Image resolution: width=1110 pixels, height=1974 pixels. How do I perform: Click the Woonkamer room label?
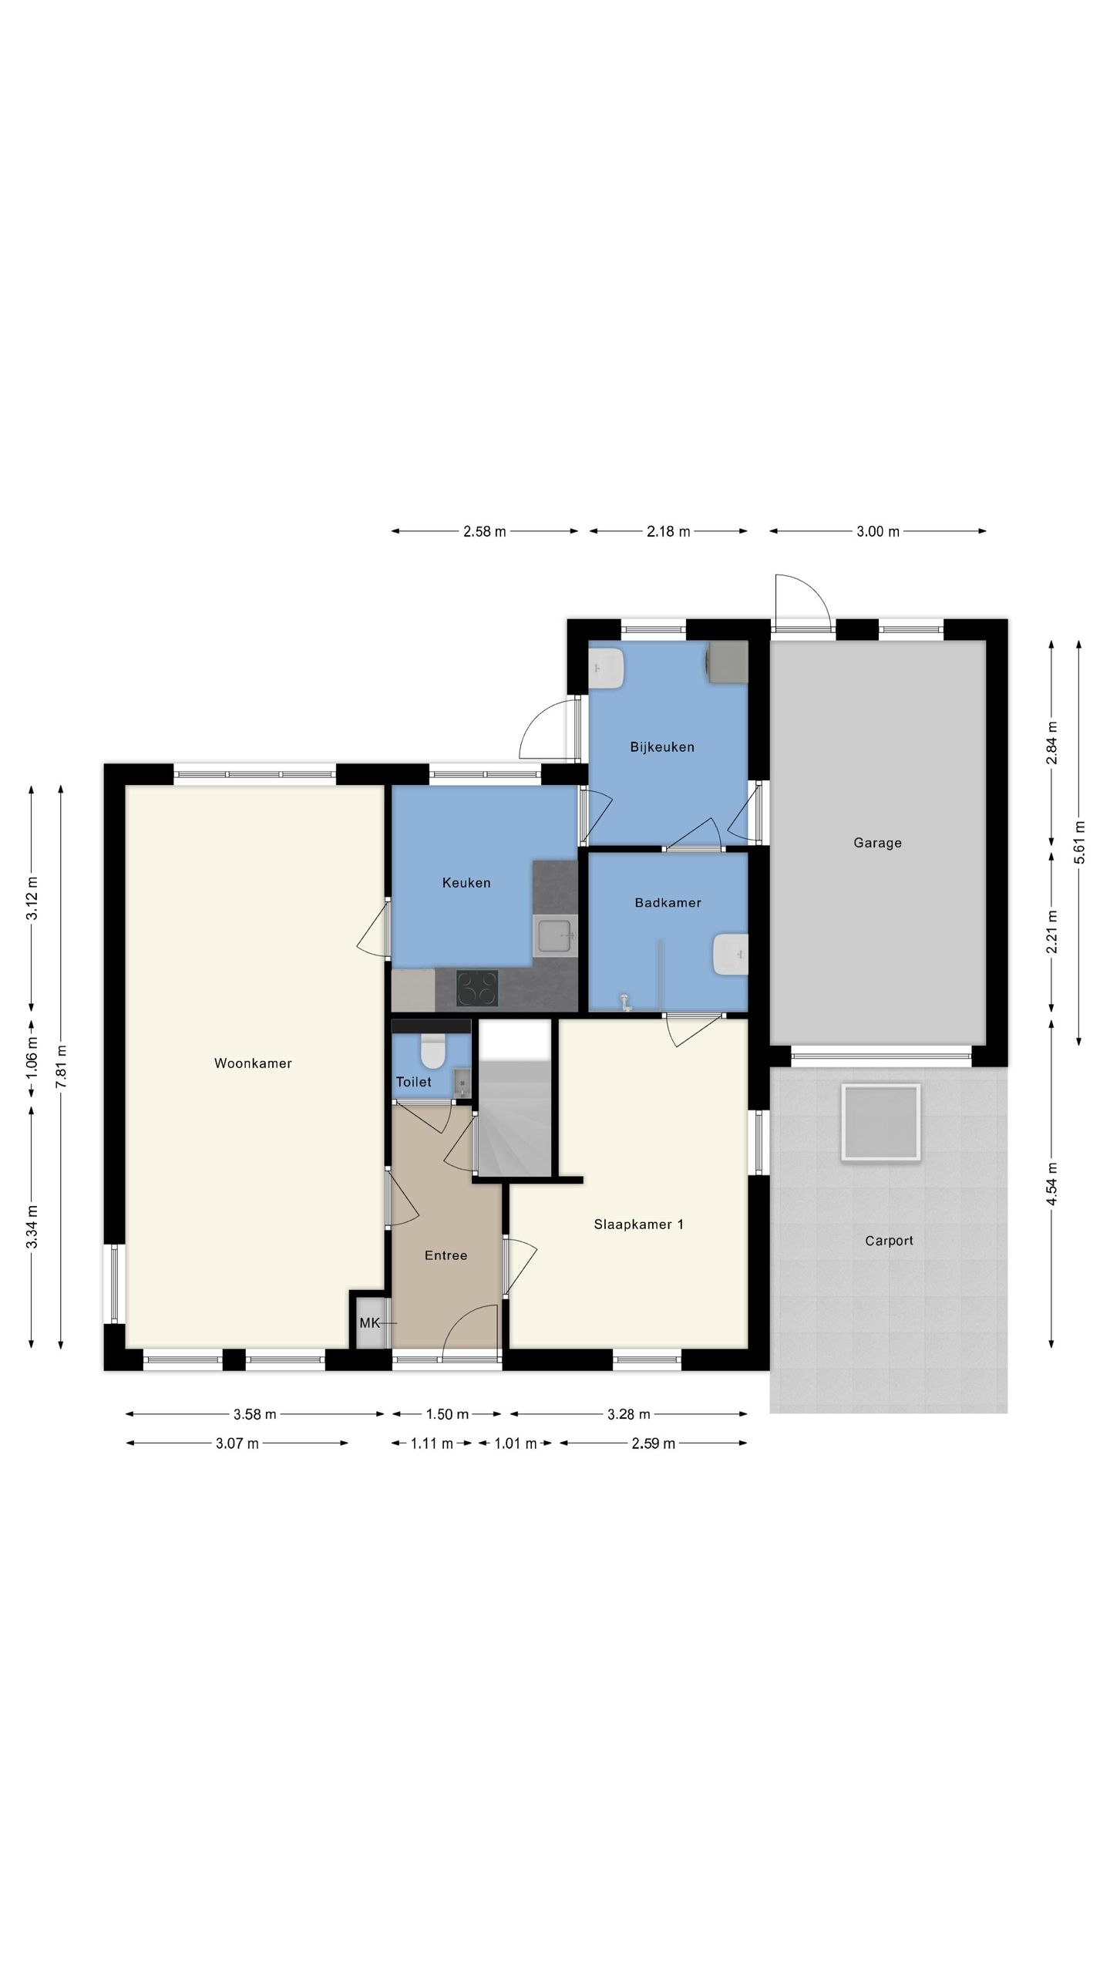253,1063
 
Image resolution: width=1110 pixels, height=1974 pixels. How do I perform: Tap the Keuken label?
466,883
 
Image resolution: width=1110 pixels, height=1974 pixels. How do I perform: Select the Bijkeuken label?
662,747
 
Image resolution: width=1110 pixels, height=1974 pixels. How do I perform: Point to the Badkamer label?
668,902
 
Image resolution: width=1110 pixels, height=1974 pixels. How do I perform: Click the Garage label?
877,843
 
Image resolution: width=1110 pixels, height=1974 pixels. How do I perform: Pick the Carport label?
889,1241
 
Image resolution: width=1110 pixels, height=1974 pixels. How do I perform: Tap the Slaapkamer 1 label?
638,1224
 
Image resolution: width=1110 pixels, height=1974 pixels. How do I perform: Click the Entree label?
446,1255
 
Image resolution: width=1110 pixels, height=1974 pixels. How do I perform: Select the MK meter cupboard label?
369,1323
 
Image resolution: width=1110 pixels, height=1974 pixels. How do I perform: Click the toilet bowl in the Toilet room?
432,1051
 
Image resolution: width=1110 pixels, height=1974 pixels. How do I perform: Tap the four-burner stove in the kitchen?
477,989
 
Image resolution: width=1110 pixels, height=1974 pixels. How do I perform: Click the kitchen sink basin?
556,936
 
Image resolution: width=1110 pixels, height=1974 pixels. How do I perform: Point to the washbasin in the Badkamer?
731,954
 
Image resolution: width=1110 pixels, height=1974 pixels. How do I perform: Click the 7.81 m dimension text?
62,1066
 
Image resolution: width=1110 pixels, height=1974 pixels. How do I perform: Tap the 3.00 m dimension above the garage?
878,531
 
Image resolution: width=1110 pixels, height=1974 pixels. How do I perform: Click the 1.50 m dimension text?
447,1414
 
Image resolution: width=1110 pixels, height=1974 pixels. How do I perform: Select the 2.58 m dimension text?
485,531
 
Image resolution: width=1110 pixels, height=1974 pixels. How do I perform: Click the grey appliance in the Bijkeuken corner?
728,662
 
